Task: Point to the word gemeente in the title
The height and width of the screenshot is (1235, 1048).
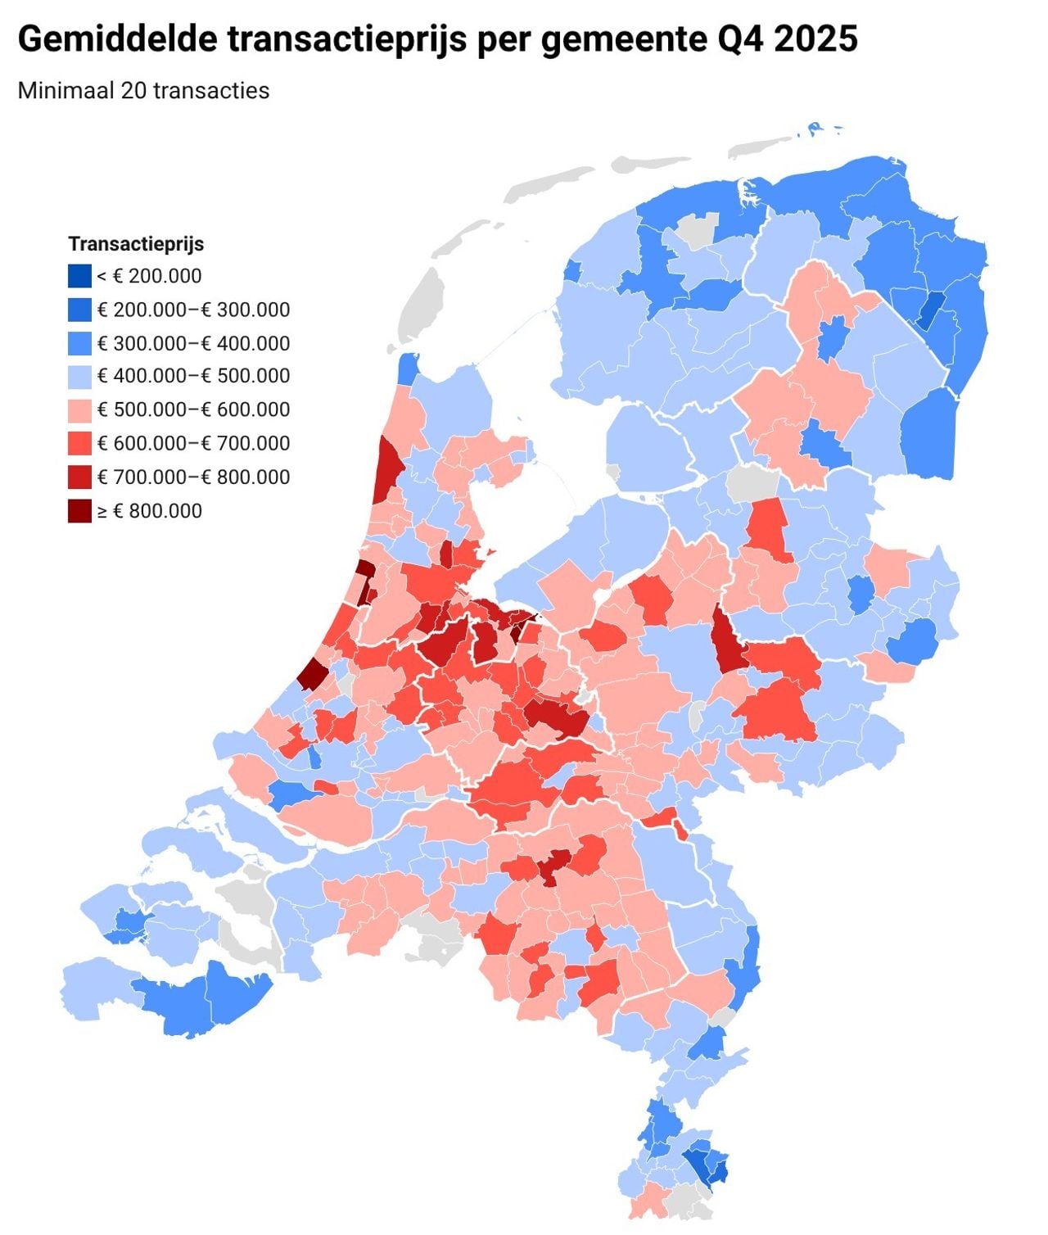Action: (618, 38)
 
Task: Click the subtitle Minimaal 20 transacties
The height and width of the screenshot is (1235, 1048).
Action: (143, 90)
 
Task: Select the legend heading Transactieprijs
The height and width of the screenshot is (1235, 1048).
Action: (136, 244)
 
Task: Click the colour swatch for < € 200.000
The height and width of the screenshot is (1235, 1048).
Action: (79, 276)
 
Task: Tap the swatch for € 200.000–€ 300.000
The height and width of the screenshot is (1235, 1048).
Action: (79, 310)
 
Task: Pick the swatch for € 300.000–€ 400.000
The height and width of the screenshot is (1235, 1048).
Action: (79, 343)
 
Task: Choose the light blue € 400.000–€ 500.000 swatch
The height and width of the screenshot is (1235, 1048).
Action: (79, 377)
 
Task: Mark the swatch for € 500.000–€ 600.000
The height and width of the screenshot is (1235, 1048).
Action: (79, 410)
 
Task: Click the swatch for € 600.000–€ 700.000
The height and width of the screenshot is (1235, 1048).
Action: (79, 444)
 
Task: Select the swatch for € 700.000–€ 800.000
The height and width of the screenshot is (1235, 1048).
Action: (79, 477)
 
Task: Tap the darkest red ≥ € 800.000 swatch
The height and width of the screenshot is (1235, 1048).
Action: (79, 511)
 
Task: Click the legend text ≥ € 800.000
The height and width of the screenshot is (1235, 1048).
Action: (150, 511)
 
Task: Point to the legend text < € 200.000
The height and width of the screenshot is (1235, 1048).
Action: (150, 276)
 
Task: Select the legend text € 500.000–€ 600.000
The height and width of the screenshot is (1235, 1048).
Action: (193, 410)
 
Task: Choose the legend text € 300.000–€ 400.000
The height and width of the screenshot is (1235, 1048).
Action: (193, 343)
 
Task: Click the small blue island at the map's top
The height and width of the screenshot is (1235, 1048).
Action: (815, 128)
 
